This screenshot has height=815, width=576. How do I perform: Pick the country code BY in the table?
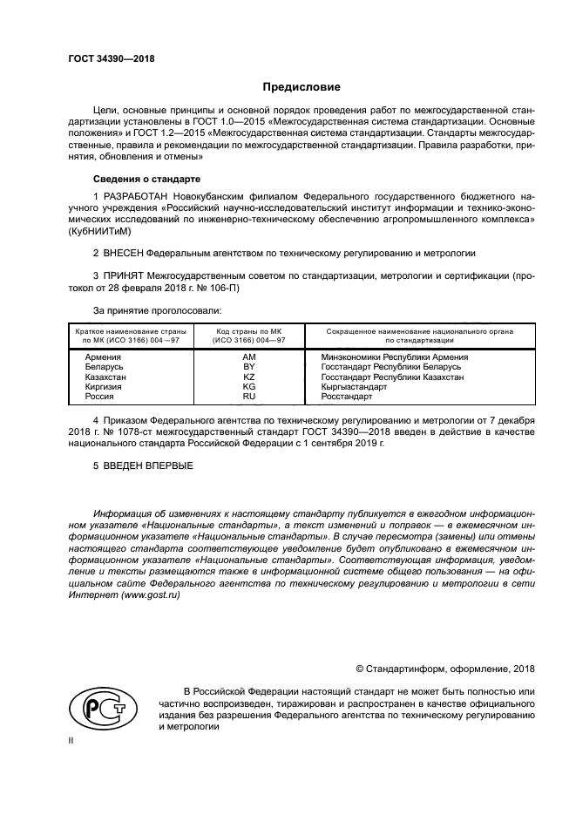pos(248,367)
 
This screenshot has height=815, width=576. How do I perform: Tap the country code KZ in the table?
pos(248,377)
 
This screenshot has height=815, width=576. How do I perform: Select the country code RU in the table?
pos(248,396)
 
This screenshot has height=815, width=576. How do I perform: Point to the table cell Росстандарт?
pos(346,396)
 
